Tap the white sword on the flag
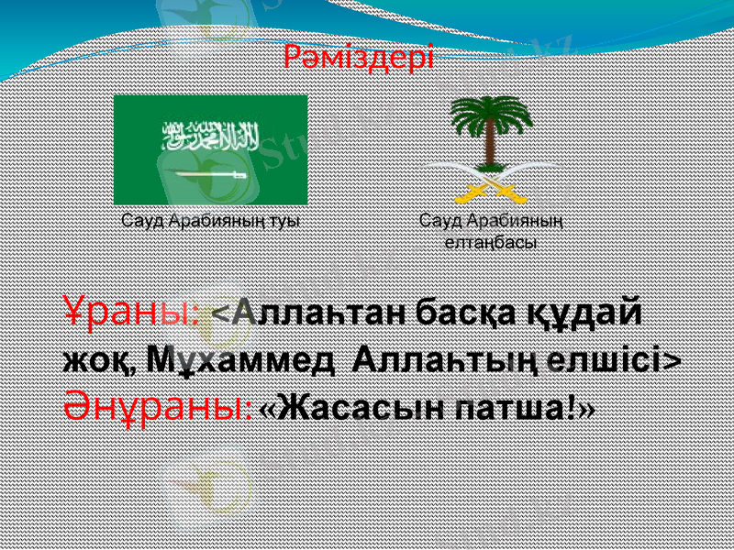210,173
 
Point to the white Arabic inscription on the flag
210,137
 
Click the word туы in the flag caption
285,221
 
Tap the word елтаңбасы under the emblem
491,242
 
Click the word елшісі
606,357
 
